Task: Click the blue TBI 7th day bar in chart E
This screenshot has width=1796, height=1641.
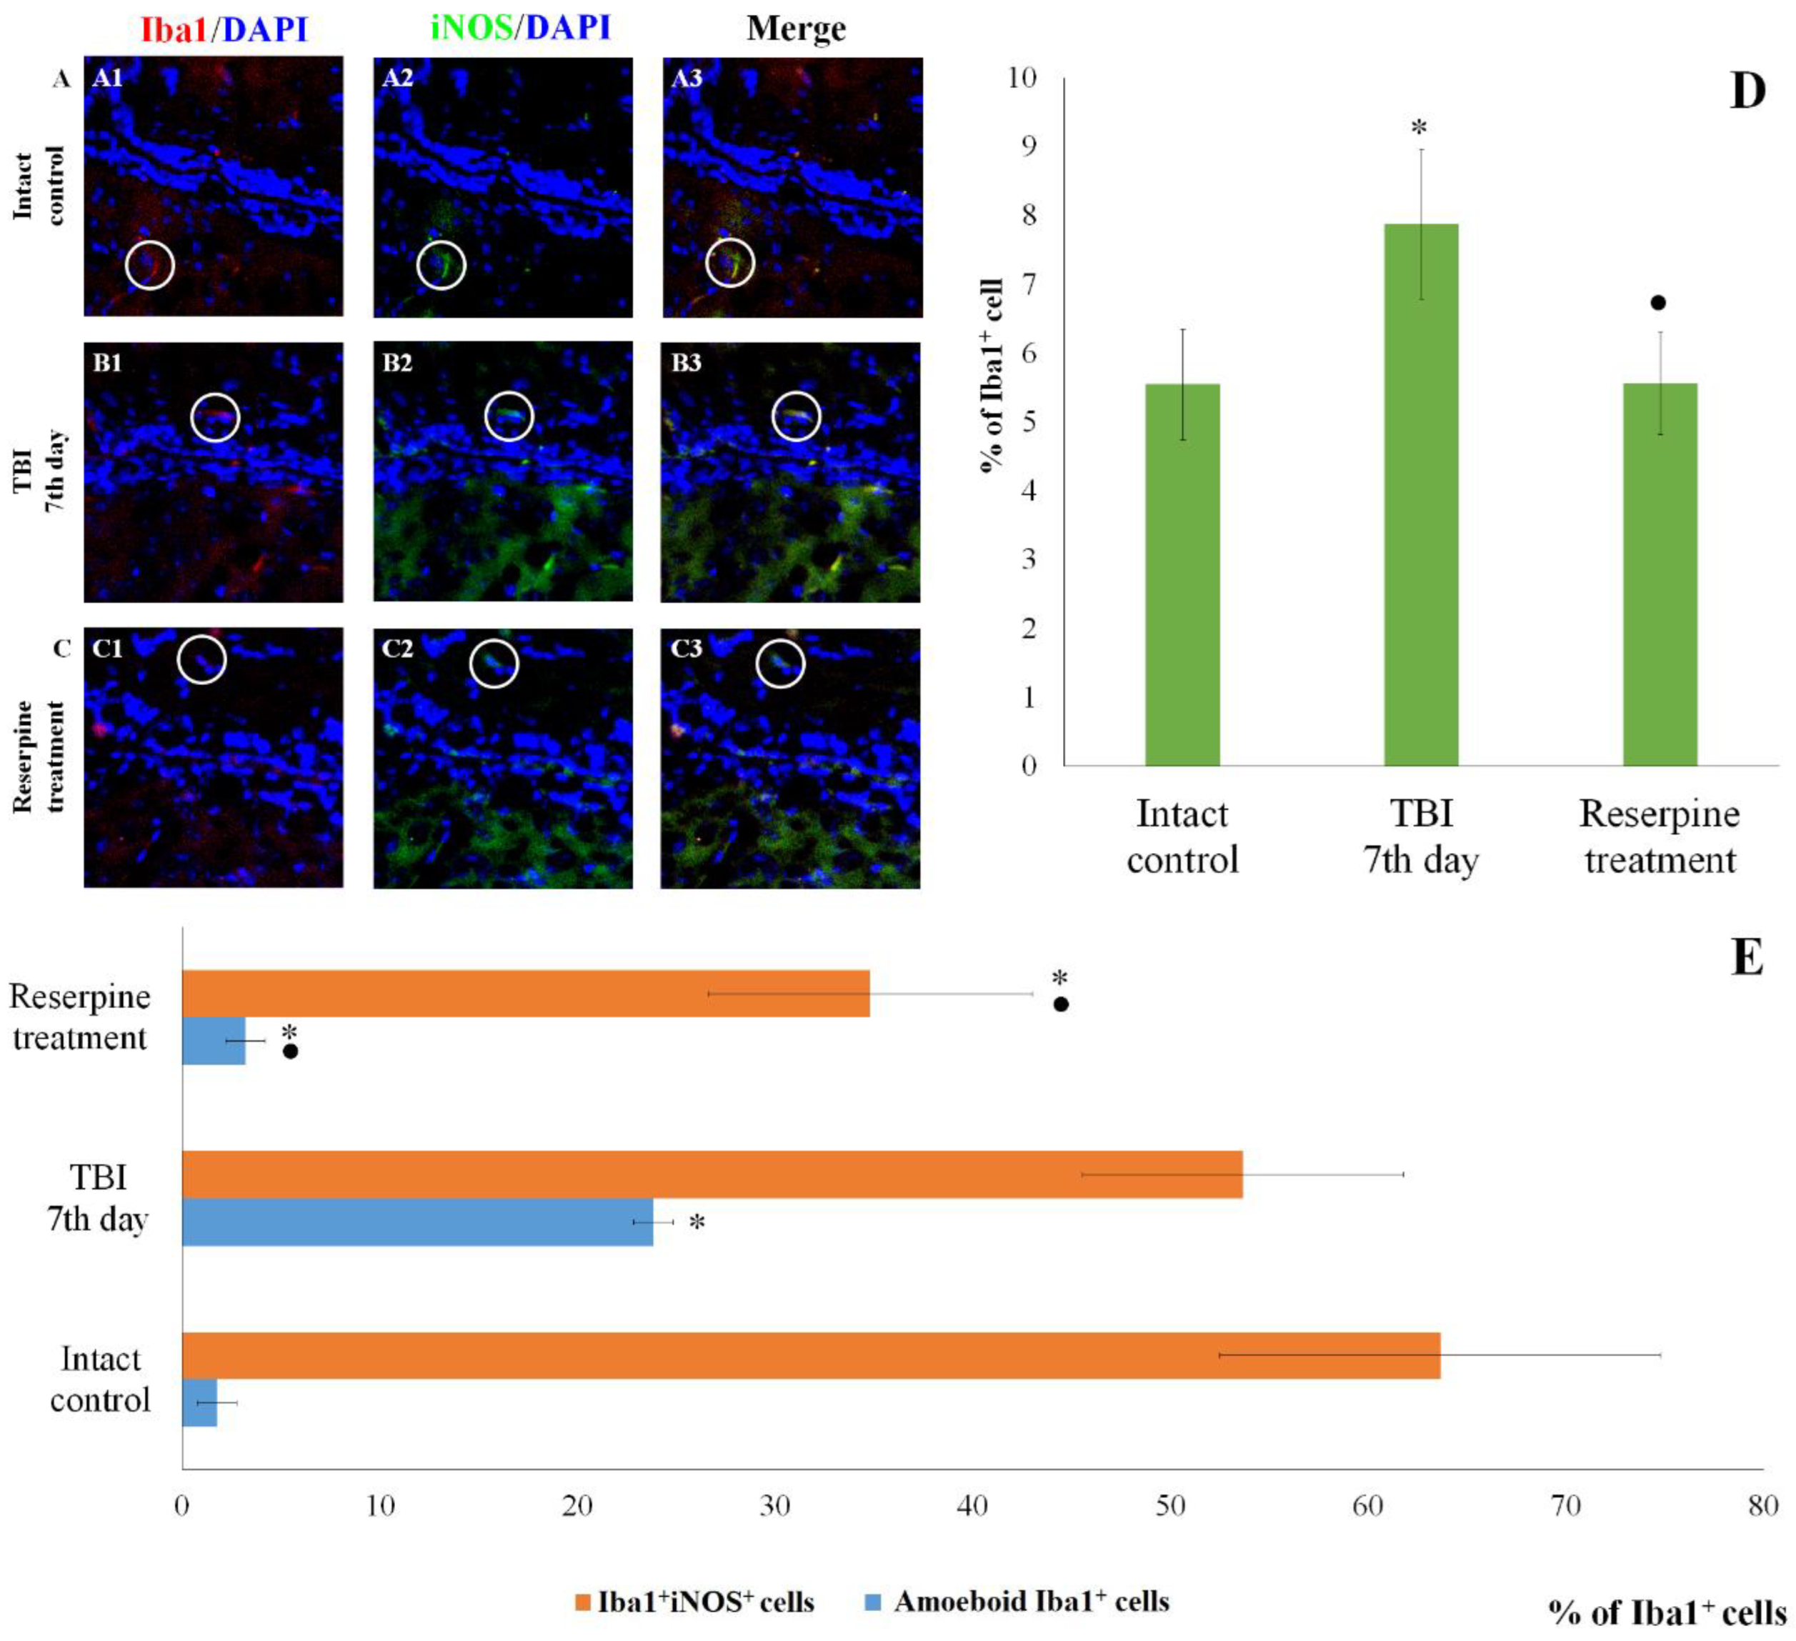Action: click(x=417, y=1222)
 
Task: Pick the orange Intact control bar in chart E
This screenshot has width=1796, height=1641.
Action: click(x=811, y=1355)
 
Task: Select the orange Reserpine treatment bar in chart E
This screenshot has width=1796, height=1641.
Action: click(x=526, y=993)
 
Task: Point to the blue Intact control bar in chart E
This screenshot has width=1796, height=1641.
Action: click(x=199, y=1402)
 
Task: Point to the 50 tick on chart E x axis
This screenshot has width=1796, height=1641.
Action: click(x=1171, y=1505)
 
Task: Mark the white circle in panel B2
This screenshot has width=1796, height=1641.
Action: click(x=509, y=416)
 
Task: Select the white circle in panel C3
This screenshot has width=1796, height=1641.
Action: click(x=780, y=664)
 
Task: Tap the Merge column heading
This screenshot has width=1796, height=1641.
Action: click(x=796, y=29)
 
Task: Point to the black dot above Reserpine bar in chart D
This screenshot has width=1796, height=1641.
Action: click(x=1658, y=303)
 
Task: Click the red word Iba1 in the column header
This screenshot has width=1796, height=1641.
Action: click(x=173, y=29)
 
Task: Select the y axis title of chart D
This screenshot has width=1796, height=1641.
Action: click(x=992, y=374)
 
